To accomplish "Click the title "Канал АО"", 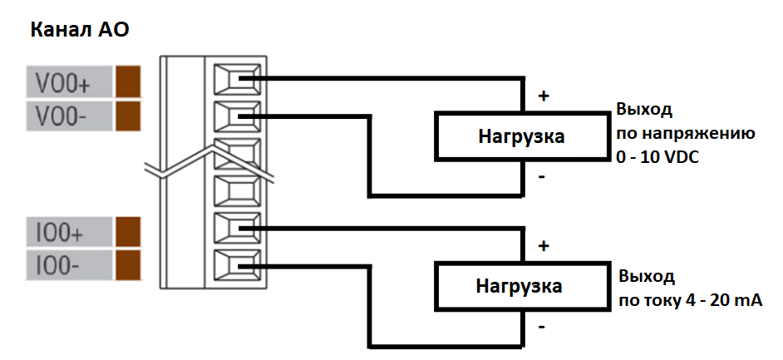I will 80,31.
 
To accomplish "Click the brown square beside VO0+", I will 128,82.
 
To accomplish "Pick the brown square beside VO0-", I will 128,115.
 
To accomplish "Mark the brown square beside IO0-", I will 128,264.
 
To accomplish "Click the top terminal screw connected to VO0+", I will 235,81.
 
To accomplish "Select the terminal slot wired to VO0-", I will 235,116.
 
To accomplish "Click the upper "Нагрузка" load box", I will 521,136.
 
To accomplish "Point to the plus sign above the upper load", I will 544,96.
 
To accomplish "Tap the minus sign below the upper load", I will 542,177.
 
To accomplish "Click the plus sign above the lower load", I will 544,246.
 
